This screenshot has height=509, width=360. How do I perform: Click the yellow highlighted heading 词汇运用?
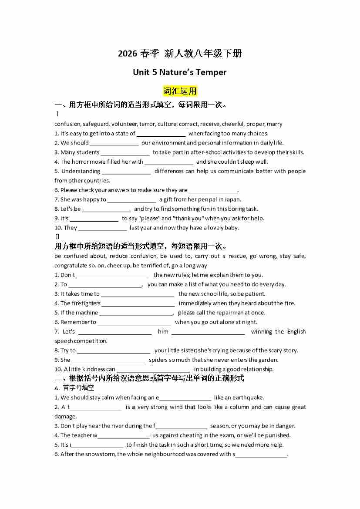[x=180, y=91]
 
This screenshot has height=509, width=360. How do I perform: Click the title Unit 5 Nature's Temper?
[x=180, y=72]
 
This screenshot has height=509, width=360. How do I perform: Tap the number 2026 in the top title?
[x=127, y=54]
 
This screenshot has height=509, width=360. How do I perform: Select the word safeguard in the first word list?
[x=96, y=124]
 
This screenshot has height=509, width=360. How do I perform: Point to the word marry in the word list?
[x=275, y=124]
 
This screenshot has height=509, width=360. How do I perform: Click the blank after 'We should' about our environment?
[x=114, y=143]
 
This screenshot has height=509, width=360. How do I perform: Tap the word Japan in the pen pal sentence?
[x=233, y=199]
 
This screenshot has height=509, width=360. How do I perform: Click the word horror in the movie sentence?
[x=80, y=162]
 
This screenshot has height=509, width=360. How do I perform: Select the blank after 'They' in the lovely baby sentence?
[x=102, y=228]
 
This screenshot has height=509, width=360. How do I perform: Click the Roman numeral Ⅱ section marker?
[x=57, y=237]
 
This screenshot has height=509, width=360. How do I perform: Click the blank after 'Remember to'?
[x=134, y=323]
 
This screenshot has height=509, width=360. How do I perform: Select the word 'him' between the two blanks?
[x=163, y=332]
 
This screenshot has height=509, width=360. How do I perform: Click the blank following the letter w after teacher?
[x=124, y=436]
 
